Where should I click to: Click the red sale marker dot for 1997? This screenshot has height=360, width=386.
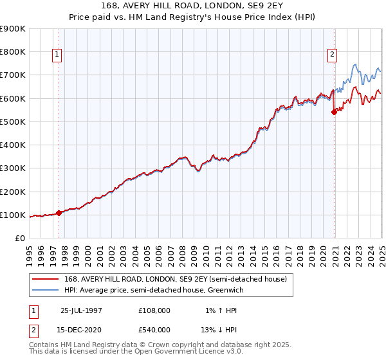coord(59,213)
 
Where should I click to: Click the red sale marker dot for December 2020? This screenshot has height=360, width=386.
coord(334,112)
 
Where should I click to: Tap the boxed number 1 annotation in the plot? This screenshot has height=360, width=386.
coord(58,55)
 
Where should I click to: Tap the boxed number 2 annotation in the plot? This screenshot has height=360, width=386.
coord(333,55)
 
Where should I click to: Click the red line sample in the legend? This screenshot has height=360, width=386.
coord(45,279)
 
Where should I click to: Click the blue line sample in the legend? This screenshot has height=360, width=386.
coord(45,291)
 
